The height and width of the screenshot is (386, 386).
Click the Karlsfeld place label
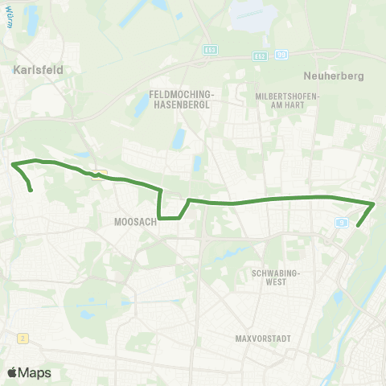pos(38,70)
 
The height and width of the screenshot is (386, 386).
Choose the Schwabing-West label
pos(276,277)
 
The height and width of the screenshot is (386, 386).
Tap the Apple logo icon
pos(14,372)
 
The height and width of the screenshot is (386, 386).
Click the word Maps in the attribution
pos(36,372)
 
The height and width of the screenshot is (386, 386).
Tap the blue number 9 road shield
pos(343,221)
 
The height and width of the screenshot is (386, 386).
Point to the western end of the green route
pos(31,191)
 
